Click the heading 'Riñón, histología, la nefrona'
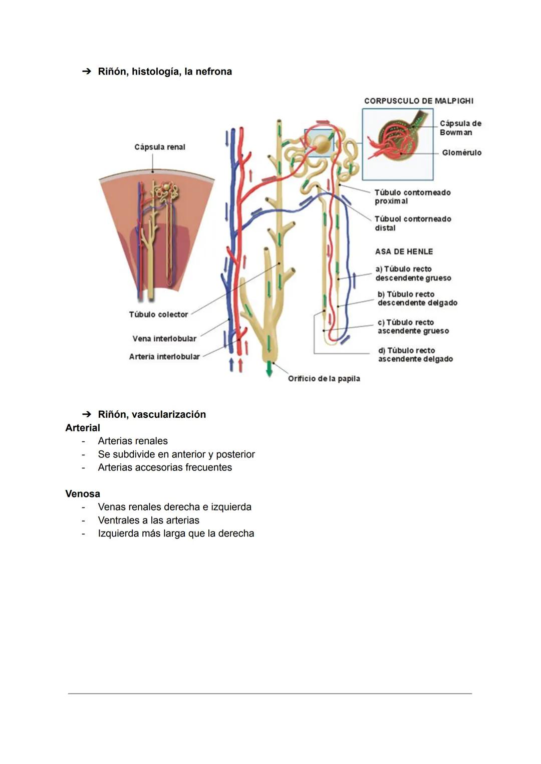pos(164,72)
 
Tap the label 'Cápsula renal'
pos(160,147)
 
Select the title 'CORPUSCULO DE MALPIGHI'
pos(418,101)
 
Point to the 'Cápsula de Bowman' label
pos(460,128)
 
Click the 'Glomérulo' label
pos(461,152)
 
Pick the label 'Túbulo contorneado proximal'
pos(412,196)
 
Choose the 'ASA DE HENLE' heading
pos(404,251)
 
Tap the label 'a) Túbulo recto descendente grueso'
pos(413,274)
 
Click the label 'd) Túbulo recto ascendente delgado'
pos(415,355)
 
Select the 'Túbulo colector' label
pos(158,314)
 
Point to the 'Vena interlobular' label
pos(164,339)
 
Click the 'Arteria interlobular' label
pos(164,357)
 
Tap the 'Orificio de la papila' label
pos(324,378)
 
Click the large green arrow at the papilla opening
pos(269,369)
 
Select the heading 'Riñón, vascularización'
pos(151,414)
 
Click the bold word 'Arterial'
pos(83,428)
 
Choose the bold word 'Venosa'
pos(83,493)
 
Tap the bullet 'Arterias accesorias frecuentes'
pos(165,467)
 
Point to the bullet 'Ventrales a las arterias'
pos(148,520)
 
